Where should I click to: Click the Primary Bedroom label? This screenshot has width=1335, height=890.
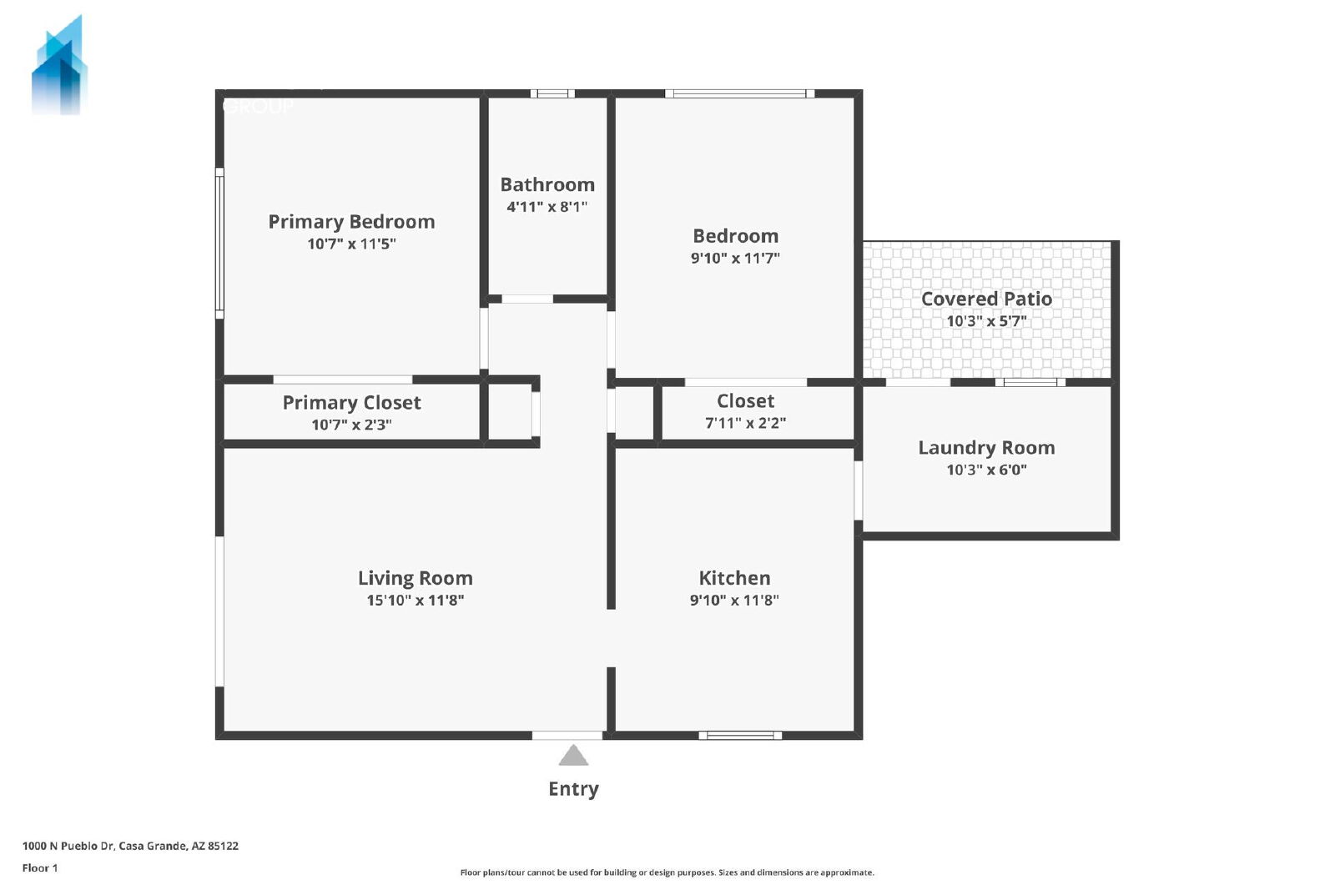(x=351, y=222)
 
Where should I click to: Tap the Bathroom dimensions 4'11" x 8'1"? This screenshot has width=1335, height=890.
(x=547, y=207)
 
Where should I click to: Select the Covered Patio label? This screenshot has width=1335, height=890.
(x=986, y=299)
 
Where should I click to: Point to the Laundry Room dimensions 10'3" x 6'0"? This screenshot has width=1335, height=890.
(x=986, y=470)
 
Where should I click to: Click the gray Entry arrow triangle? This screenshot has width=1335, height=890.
(x=573, y=756)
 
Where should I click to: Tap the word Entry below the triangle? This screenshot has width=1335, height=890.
(x=573, y=789)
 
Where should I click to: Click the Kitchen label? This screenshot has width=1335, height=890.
(x=734, y=578)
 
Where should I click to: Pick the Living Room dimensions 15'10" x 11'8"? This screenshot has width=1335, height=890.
(x=416, y=600)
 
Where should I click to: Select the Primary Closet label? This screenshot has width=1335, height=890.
(x=351, y=403)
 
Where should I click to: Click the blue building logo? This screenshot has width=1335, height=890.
(x=59, y=66)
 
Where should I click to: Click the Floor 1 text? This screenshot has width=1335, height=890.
(x=40, y=868)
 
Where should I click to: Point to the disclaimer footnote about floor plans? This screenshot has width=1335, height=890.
(x=667, y=872)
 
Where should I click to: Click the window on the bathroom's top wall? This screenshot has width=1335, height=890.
(x=552, y=93)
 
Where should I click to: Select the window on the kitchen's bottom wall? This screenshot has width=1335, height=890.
(x=740, y=735)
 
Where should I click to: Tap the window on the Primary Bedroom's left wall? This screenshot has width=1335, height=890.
(x=219, y=243)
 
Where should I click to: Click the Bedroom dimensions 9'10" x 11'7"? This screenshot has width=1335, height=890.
(x=735, y=258)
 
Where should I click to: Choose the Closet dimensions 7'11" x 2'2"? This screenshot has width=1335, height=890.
(x=746, y=423)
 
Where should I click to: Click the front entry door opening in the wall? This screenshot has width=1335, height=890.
(x=567, y=735)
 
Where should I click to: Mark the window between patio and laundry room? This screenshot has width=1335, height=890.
(x=1030, y=383)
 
